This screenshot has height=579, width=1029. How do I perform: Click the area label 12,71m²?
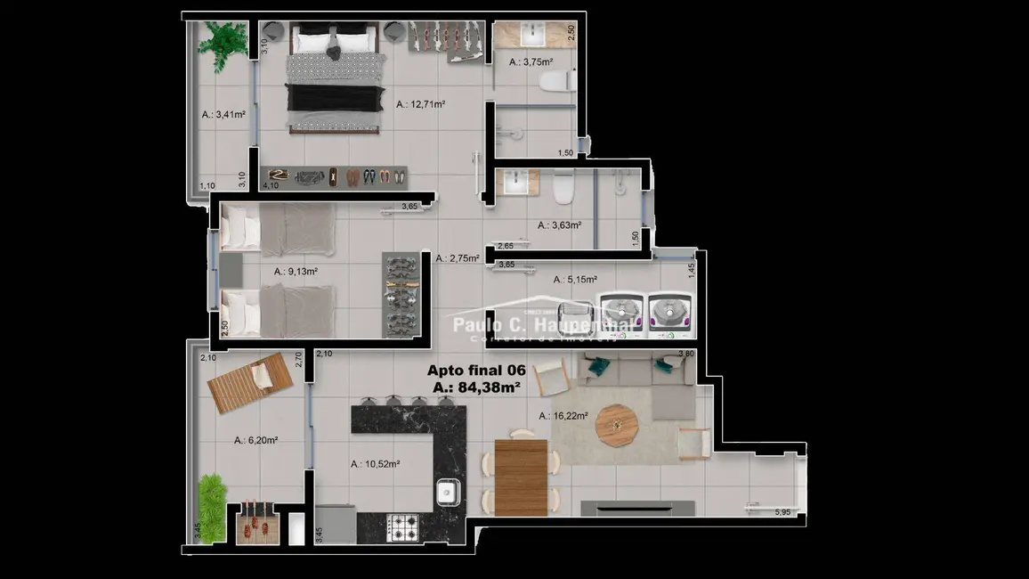click(x=420, y=104)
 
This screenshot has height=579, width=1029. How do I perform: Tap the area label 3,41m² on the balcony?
click(x=223, y=114)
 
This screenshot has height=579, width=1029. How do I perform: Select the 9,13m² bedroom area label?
click(x=296, y=272)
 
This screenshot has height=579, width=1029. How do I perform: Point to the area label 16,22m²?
click(x=562, y=416)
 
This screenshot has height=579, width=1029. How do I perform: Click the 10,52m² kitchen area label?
click(x=375, y=464)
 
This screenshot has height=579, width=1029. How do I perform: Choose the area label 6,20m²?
click(x=256, y=440)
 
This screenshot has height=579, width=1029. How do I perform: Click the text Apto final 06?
click(x=476, y=371)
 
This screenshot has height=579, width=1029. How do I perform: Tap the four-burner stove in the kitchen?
click(x=406, y=527)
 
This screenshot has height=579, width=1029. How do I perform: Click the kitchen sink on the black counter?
click(x=447, y=492)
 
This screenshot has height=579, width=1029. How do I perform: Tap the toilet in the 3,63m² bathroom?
click(x=563, y=188)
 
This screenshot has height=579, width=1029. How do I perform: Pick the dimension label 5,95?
click(x=782, y=512)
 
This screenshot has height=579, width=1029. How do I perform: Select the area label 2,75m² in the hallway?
click(x=458, y=258)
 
